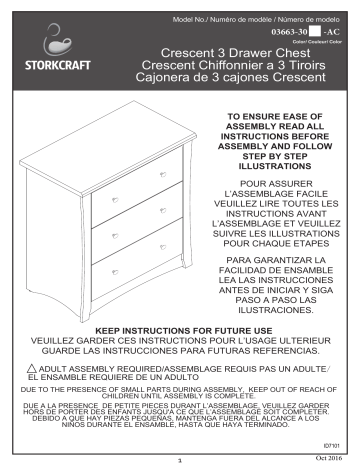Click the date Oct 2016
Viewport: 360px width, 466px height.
pos(326,458)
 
